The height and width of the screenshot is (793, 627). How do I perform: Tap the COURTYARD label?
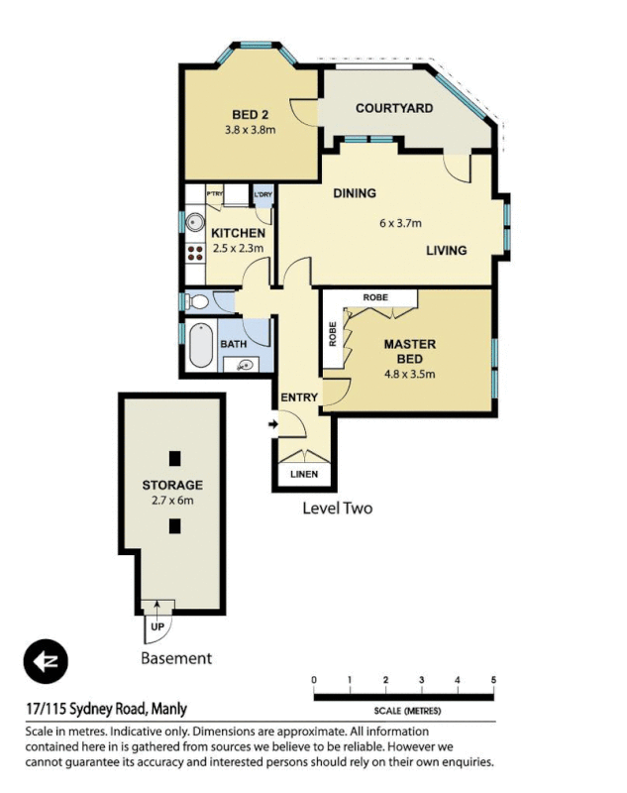pos(393,108)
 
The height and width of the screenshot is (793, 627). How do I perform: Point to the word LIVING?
pos(446,251)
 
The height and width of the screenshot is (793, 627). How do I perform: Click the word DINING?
pos(354,193)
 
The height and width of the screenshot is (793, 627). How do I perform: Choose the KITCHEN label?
pos(238,234)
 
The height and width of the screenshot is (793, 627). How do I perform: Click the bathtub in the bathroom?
pos(202,345)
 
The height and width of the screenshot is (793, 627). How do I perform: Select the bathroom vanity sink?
pos(245,365)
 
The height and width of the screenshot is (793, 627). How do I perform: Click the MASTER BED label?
pos(409,351)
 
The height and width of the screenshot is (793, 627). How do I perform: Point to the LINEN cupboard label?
pos(304,475)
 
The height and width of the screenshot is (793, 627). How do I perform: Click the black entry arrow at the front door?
pos(274,425)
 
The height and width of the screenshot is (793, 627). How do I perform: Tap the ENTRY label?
pos(299,397)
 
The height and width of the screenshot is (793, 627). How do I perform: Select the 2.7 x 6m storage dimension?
pos(171,501)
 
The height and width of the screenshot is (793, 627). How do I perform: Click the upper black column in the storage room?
pos(174,458)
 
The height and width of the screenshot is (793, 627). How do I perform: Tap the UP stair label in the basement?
pos(157,627)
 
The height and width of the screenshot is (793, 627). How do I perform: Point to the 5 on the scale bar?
pos(493,680)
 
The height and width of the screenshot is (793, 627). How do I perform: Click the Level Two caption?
pos(337,509)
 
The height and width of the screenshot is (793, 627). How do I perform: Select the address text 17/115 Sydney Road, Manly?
pos(106,709)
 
